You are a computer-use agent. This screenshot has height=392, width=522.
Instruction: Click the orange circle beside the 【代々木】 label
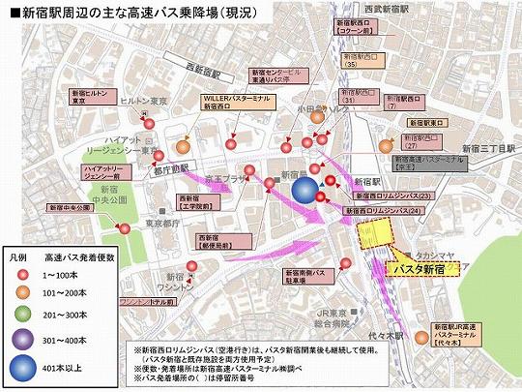421,338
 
